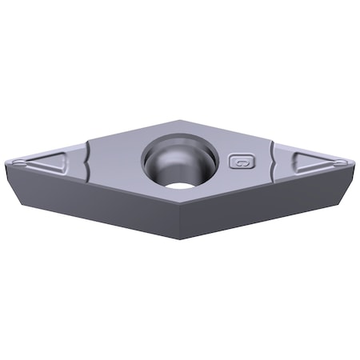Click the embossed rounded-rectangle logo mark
[239, 162]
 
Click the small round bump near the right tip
[341, 162]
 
